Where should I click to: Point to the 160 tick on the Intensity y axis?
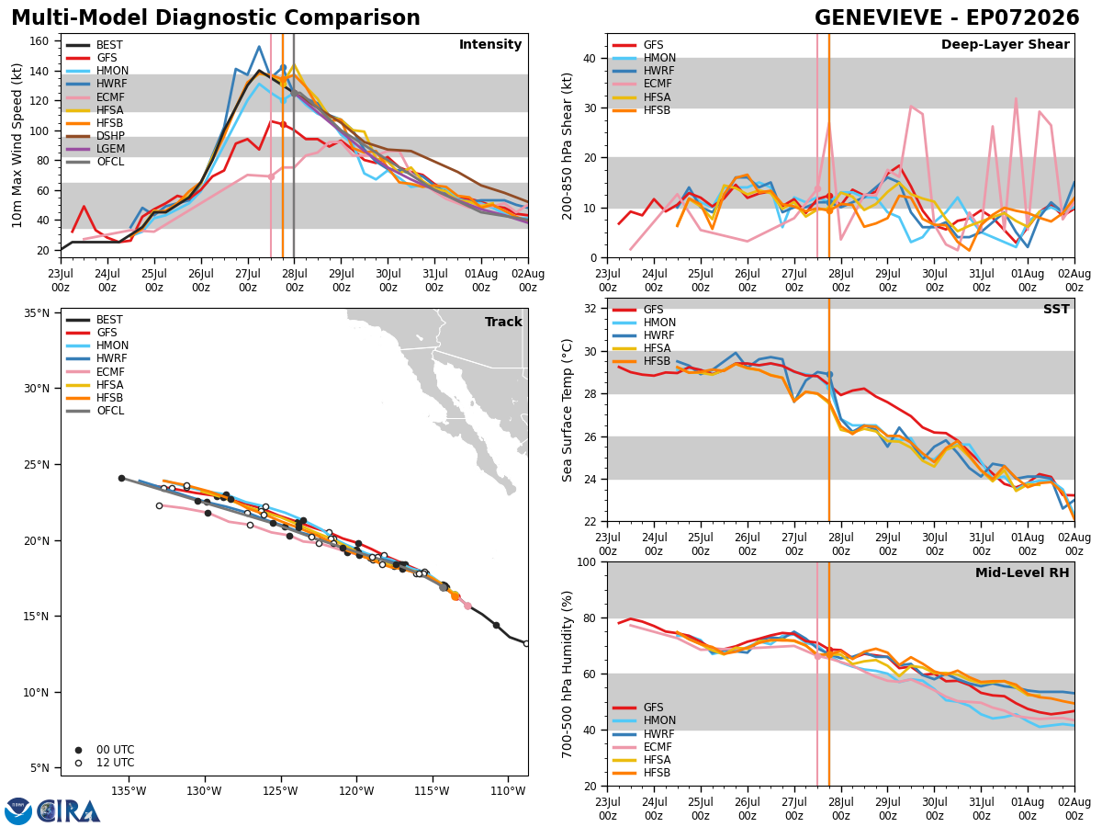click(x=39, y=41)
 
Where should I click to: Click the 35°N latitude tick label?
click(x=37, y=313)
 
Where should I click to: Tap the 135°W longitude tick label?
click(x=129, y=791)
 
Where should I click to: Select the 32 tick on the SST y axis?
click(x=590, y=309)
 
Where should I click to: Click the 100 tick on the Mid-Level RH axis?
click(x=587, y=562)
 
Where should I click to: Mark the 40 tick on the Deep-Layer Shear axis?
click(x=590, y=58)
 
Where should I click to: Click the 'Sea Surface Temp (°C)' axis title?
click(x=567, y=410)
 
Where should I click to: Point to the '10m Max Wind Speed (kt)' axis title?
click(x=17, y=145)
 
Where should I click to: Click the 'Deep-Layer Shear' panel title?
click(x=1005, y=44)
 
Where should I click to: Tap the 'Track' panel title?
click(x=503, y=322)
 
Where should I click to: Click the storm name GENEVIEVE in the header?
click(x=878, y=17)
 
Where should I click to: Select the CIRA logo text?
click(x=68, y=811)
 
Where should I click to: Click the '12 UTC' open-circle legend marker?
click(x=78, y=763)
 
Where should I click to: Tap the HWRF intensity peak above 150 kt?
click(x=259, y=47)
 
